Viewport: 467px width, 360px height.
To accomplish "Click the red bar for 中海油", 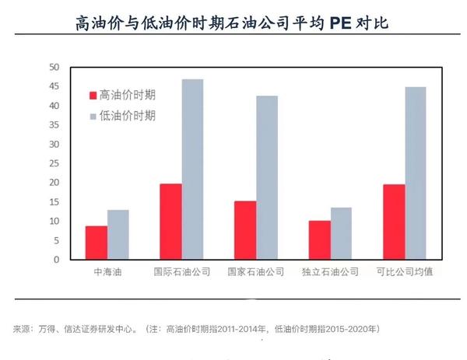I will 97,243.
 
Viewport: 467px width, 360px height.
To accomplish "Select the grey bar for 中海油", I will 118,235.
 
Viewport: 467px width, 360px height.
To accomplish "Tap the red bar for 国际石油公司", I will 170,222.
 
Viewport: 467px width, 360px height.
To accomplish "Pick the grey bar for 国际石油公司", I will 192,170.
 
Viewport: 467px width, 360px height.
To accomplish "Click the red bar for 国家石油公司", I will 245,230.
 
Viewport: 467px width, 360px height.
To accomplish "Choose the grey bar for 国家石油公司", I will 267,178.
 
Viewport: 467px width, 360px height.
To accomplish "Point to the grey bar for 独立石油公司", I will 341,233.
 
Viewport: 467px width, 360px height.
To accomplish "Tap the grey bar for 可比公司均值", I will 416,173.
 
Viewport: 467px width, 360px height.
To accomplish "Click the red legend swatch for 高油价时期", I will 93,96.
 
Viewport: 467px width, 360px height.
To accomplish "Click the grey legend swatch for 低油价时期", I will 93,116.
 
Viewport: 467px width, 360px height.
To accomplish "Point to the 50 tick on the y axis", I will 54,67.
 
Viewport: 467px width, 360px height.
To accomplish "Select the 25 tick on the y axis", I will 54,163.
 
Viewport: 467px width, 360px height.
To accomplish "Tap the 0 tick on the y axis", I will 57,260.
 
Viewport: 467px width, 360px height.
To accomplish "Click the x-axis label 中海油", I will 107,273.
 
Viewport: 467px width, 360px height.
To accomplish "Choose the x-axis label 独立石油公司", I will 330,273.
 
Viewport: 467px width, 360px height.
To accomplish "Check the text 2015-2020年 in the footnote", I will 349,329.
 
